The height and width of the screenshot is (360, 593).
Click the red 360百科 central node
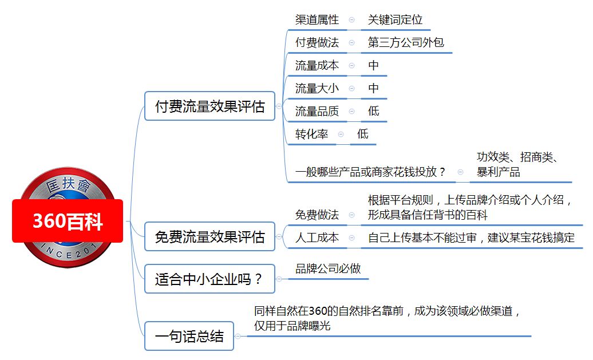pos(68,221)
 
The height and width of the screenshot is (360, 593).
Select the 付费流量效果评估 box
pos(210,106)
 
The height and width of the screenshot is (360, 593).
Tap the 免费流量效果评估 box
pos(210,237)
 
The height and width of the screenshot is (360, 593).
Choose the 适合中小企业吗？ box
pos(210,279)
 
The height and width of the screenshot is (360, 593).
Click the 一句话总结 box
pos(189,336)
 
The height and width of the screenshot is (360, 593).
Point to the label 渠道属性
pos(317,19)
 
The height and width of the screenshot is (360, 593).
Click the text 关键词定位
pos(395,19)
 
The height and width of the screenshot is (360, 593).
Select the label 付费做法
pos(317,42)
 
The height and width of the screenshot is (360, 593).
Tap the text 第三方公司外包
pos(406,42)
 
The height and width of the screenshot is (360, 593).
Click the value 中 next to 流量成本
pos(373,65)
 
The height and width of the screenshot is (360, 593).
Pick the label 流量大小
pos(317,88)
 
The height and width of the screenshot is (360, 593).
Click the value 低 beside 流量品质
pos(373,111)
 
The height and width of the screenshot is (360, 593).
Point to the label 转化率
pos(311,134)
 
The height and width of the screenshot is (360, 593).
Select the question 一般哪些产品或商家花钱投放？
pos(370,172)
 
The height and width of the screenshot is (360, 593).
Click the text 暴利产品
pos(498,172)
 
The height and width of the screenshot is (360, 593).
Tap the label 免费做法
pos(317,215)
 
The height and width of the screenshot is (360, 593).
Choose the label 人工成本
pos(317,238)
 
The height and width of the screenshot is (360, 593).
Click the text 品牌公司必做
pos(328,268)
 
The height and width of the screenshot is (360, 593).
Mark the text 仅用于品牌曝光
pos(292,326)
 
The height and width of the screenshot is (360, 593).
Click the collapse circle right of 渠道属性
pos(351,19)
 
